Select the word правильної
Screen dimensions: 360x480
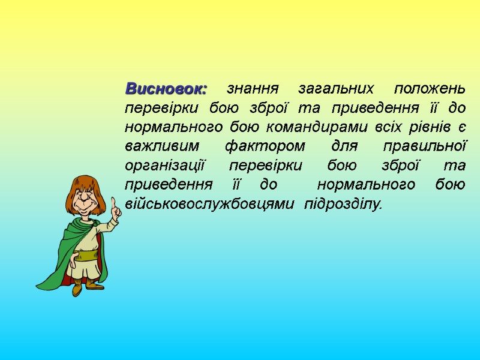[425, 146]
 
